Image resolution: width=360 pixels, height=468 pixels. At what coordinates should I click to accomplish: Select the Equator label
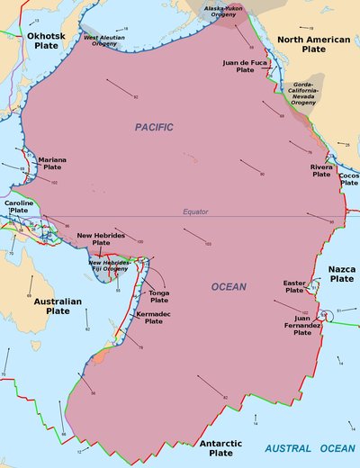pos(194,212)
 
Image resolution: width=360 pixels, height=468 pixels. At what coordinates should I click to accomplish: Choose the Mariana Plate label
pos(52,165)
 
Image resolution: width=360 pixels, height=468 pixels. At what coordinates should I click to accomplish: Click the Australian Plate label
pos(57,307)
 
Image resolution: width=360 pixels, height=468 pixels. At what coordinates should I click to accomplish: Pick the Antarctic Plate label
pos(220,448)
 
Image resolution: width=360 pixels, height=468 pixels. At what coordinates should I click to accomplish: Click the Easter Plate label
pos(294,286)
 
